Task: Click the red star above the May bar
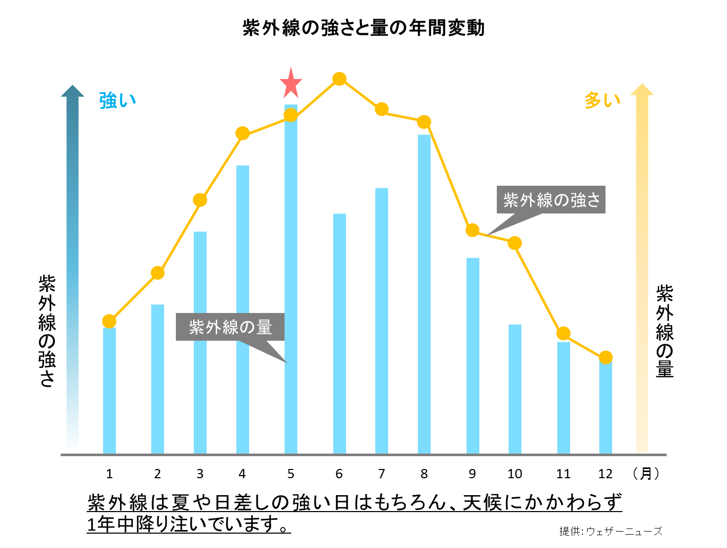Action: tap(291, 84)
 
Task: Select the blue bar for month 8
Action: tap(424, 294)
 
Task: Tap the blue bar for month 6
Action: tap(339, 334)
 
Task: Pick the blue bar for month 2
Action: tap(158, 379)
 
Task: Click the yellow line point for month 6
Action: tap(339, 79)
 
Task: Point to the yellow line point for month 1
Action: tap(109, 321)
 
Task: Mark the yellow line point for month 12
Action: tap(606, 358)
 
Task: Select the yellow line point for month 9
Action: tap(473, 230)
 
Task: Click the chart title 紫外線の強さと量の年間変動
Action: tap(363, 28)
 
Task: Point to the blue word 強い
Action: tap(117, 101)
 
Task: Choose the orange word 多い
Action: tap(602, 101)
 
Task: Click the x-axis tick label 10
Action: tap(515, 474)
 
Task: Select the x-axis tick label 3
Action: tap(200, 474)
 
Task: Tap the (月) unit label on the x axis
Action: tap(646, 474)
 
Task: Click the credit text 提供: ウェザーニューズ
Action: tap(611, 531)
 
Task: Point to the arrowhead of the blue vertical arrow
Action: tap(72, 91)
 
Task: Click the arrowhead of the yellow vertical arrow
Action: tap(642, 89)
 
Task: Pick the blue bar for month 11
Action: tap(563, 398)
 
